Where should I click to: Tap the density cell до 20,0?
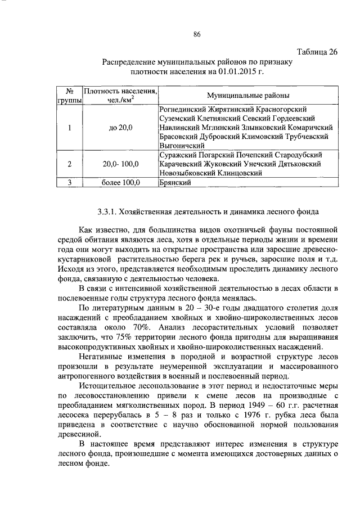120,128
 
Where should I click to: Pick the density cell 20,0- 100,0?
120,164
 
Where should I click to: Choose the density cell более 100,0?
120,183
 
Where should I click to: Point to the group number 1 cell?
69,128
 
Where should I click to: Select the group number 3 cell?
69,183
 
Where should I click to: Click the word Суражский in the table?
179,155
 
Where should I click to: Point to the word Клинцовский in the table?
244,173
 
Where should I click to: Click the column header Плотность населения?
120,91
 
